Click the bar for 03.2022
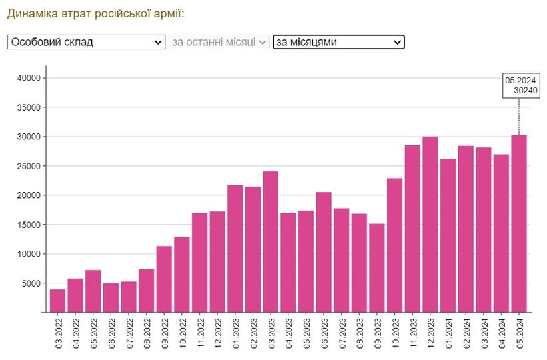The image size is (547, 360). (x=57, y=301)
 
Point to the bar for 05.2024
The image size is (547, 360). (x=519, y=224)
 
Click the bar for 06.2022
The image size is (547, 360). (x=111, y=297)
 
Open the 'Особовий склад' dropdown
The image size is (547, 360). (x=86, y=42)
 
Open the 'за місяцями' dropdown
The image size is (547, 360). (x=338, y=42)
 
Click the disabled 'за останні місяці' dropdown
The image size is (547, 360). (x=219, y=42)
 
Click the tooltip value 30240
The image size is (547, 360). (x=526, y=91)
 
